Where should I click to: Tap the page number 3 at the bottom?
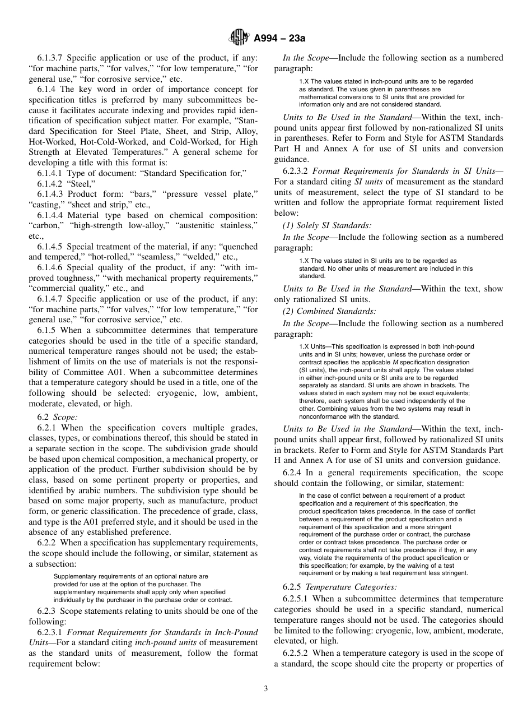point(265,688)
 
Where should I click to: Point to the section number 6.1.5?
point(48,331)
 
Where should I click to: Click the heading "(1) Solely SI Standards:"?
point(327,226)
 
